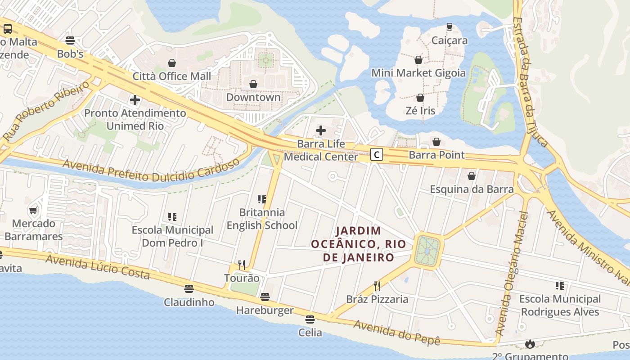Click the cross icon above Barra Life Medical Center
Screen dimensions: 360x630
coord(320,130)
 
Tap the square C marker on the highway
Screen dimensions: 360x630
coord(377,155)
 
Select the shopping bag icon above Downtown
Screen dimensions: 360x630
coord(253,84)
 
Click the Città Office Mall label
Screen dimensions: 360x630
coord(171,76)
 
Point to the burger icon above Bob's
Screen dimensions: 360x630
coord(70,40)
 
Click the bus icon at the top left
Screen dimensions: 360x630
coord(8,29)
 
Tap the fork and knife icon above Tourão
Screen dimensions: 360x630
coord(242,265)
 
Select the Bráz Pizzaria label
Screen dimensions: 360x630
coord(377,299)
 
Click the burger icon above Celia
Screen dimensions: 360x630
coord(310,319)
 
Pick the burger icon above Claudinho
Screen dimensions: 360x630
coord(189,288)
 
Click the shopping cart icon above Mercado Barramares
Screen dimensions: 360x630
coord(33,210)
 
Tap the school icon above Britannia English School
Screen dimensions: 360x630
coord(261,199)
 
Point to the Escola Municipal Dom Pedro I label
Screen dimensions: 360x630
coord(172,236)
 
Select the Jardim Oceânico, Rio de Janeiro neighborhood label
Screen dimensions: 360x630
coord(359,244)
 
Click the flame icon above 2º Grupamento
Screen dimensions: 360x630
coord(530,344)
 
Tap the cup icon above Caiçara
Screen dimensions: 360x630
coord(449,27)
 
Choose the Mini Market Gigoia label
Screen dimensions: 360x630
coord(418,73)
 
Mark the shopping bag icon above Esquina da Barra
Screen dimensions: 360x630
coord(471,176)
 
